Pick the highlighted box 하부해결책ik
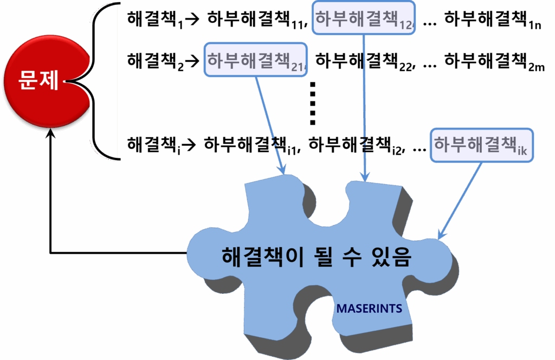tap(482, 145)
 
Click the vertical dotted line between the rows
tap(312, 103)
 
